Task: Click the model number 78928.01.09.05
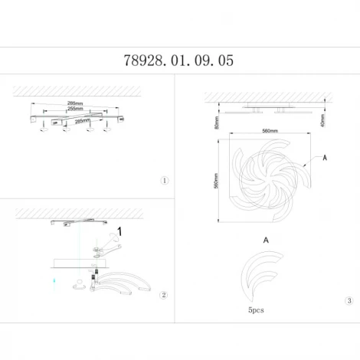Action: [x=178, y=59]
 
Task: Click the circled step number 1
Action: [x=163, y=181]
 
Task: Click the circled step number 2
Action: [x=163, y=296]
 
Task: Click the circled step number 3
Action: [x=349, y=301]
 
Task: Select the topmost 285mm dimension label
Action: [x=76, y=102]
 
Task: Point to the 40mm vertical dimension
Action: [x=323, y=120]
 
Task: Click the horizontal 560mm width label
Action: [x=269, y=131]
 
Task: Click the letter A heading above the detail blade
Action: [x=266, y=240]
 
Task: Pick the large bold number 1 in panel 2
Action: [x=120, y=227]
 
